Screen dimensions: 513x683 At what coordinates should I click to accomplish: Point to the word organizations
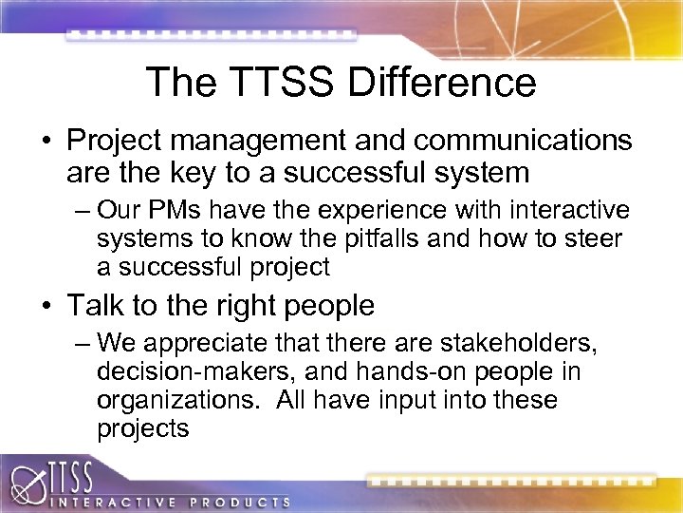click(176, 400)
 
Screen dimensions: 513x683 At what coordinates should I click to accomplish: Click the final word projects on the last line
click(143, 428)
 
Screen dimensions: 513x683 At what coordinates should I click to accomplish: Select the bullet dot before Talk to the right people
click(46, 307)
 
